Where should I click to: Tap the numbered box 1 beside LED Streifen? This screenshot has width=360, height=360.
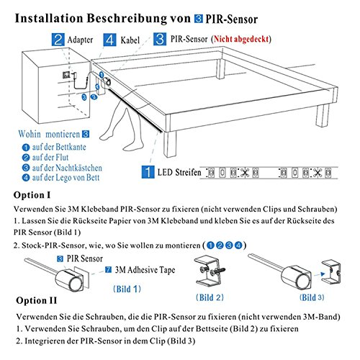pos(146,173)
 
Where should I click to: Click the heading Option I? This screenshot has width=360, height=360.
pos(32,195)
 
